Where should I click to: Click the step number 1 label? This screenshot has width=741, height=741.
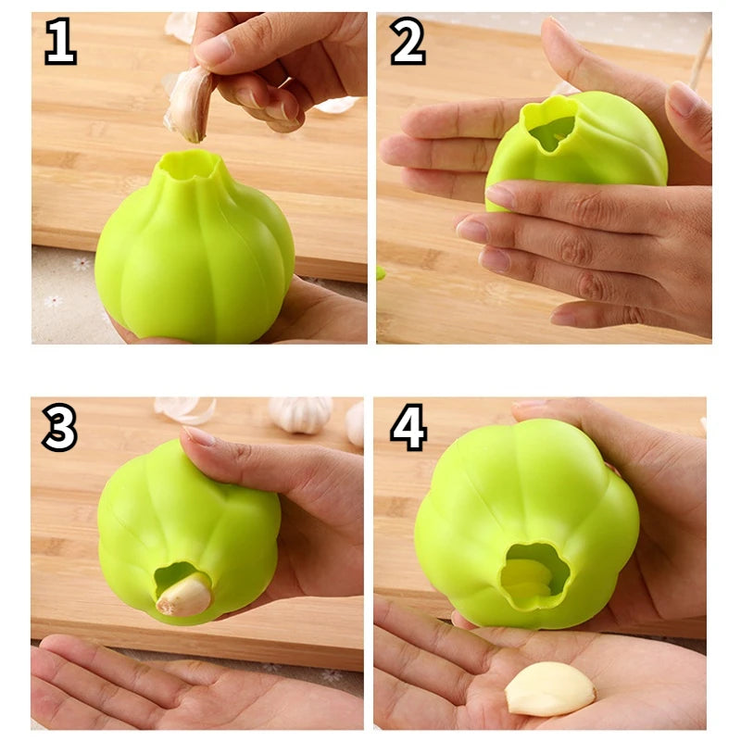click(60, 43)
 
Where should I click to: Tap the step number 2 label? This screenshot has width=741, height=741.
click(407, 43)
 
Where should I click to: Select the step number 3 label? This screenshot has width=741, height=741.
click(60, 428)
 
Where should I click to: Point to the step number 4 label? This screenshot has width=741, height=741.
click(408, 428)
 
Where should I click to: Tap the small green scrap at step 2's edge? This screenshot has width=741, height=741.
click(381, 273)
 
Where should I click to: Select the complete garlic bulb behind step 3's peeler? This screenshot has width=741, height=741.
click(300, 415)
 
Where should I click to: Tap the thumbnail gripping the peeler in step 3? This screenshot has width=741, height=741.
click(199, 436)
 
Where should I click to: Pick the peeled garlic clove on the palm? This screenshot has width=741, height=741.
click(549, 689)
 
